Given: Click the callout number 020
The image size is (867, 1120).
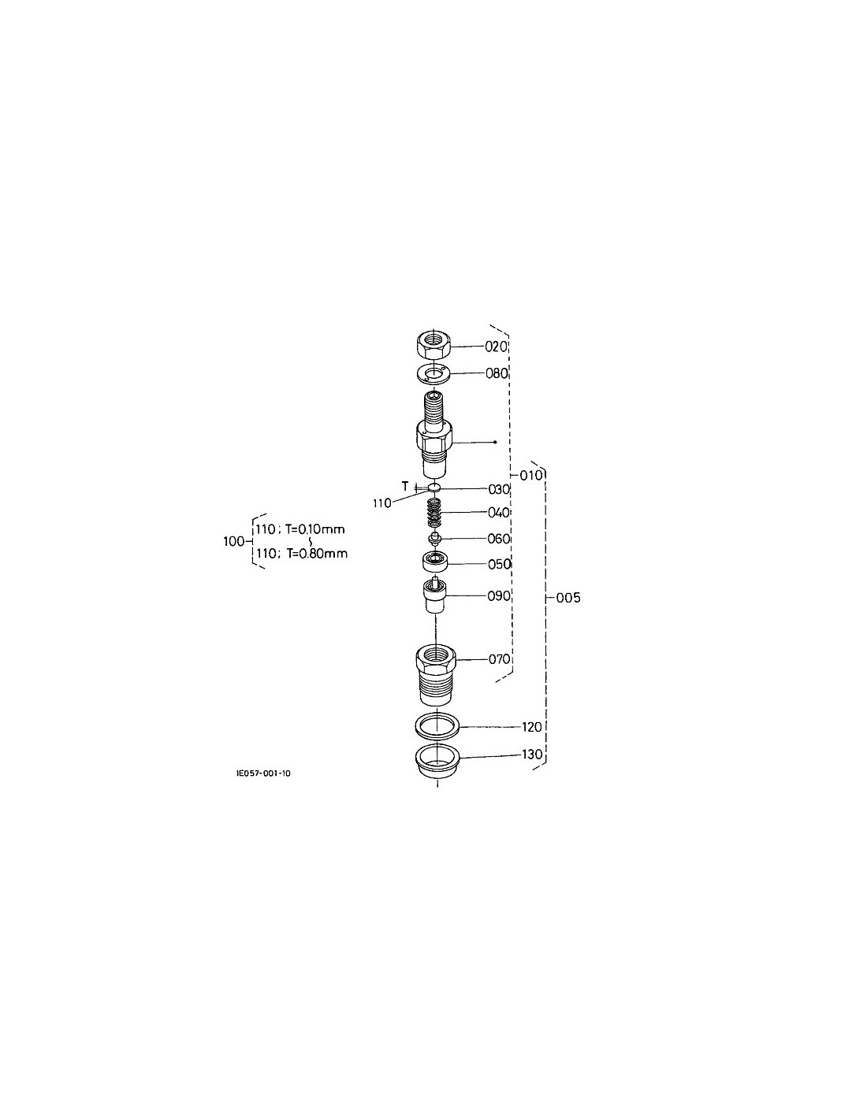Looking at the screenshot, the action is [x=497, y=347].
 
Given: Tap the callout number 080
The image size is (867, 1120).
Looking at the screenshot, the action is [x=497, y=373].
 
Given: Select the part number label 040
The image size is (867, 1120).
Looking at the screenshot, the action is [x=499, y=512].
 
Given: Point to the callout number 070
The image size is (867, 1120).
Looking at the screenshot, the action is [x=499, y=659].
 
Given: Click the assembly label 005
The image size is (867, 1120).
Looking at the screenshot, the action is [x=568, y=598].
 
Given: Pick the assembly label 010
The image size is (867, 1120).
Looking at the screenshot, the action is [x=531, y=475].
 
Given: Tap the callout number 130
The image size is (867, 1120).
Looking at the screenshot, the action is [x=532, y=755].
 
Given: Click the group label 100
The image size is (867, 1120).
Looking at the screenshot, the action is [x=233, y=542].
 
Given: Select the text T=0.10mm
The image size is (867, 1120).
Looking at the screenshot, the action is [x=315, y=529].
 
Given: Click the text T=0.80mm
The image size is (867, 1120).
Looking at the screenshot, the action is [x=317, y=554].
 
